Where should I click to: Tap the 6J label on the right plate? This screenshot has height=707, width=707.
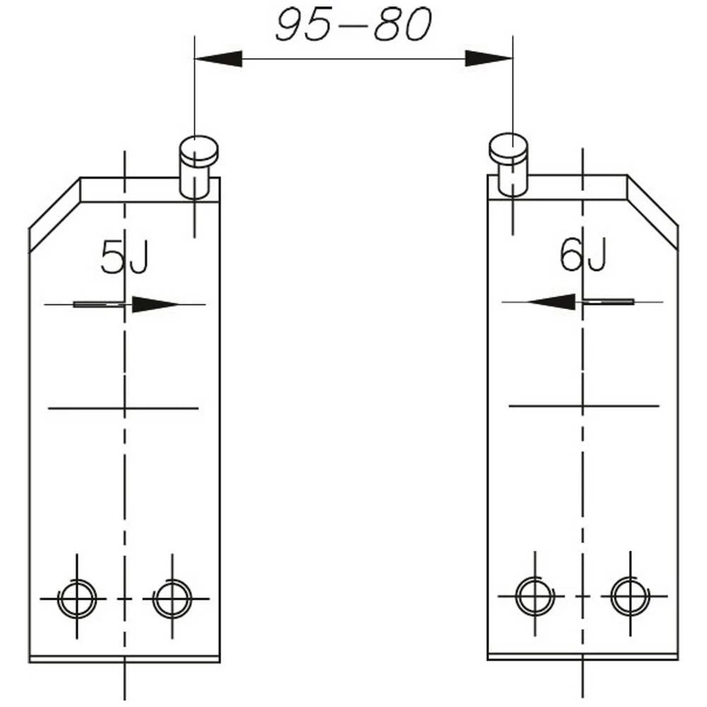pyautogui.click(x=583, y=255)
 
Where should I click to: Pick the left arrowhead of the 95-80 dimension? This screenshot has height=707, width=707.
pyautogui.click(x=219, y=59)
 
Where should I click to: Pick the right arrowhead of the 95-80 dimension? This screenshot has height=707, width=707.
pyautogui.click(x=488, y=59)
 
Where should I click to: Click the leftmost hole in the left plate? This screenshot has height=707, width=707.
pyautogui.click(x=76, y=599)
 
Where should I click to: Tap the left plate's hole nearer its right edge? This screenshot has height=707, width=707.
pyautogui.click(x=172, y=599)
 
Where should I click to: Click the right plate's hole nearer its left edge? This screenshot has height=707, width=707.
pyautogui.click(x=534, y=596)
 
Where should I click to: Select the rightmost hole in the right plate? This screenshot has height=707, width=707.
pyautogui.click(x=630, y=596)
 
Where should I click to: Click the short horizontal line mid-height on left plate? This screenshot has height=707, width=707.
pyautogui.click(x=123, y=408)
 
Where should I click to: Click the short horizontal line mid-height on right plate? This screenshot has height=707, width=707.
pyautogui.click(x=584, y=406)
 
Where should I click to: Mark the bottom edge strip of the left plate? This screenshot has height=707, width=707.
pyautogui.click(x=124, y=659)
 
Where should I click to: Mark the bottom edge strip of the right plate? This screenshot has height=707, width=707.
pyautogui.click(x=583, y=657)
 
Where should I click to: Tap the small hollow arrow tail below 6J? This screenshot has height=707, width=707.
pyautogui.click(x=604, y=302)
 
